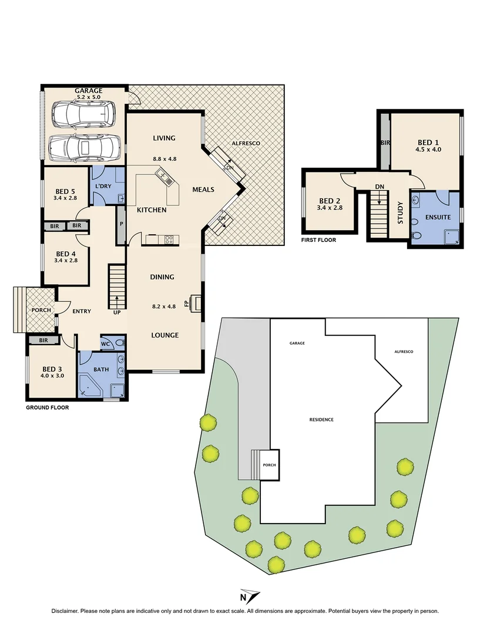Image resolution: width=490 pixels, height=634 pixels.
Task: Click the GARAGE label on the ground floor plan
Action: (89, 91)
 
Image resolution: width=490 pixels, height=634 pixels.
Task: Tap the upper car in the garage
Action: (82, 113)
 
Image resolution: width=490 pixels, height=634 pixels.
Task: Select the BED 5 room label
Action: (65, 191)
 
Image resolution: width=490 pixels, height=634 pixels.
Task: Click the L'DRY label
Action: (103, 187)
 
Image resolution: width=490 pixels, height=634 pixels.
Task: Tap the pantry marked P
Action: (121, 224)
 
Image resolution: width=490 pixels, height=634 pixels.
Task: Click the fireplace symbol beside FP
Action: (198, 303)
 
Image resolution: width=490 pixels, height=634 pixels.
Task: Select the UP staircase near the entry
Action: (117, 286)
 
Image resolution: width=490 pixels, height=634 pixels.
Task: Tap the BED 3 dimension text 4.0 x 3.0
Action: (52, 376)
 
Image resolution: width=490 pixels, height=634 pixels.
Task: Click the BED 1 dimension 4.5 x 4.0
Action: (428, 150)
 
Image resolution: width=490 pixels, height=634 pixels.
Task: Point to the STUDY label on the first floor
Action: (400, 213)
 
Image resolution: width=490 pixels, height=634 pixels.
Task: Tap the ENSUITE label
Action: (438, 217)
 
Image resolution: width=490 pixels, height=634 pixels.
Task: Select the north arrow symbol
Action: (250, 596)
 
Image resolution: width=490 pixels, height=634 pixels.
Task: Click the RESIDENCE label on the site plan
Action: (322, 420)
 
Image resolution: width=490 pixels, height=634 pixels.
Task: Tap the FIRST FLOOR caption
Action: (318, 240)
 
